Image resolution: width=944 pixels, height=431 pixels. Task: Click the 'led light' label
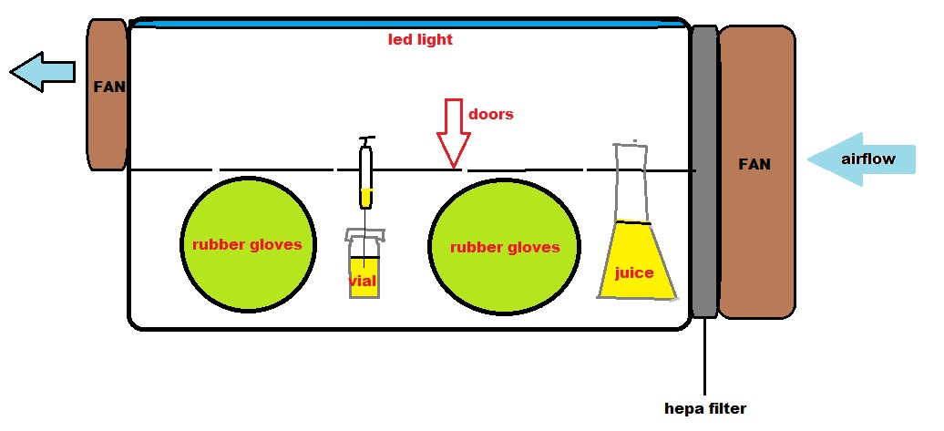click(420, 40)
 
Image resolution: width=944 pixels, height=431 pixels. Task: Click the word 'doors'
click(491, 115)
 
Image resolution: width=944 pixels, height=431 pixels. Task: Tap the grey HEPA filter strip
click(704, 170)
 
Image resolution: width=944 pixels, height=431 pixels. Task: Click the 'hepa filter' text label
click(705, 409)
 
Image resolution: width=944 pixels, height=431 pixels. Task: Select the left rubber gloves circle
click(248, 244)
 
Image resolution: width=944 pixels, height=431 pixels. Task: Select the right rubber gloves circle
click(504, 247)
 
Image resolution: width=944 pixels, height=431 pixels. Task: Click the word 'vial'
click(363, 281)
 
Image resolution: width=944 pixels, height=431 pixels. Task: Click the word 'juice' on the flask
click(634, 272)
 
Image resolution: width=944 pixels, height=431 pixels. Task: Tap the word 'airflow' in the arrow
click(867, 159)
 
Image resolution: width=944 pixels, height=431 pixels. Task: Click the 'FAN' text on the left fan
click(109, 88)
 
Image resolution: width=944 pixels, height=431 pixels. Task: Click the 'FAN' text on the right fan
click(755, 165)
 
